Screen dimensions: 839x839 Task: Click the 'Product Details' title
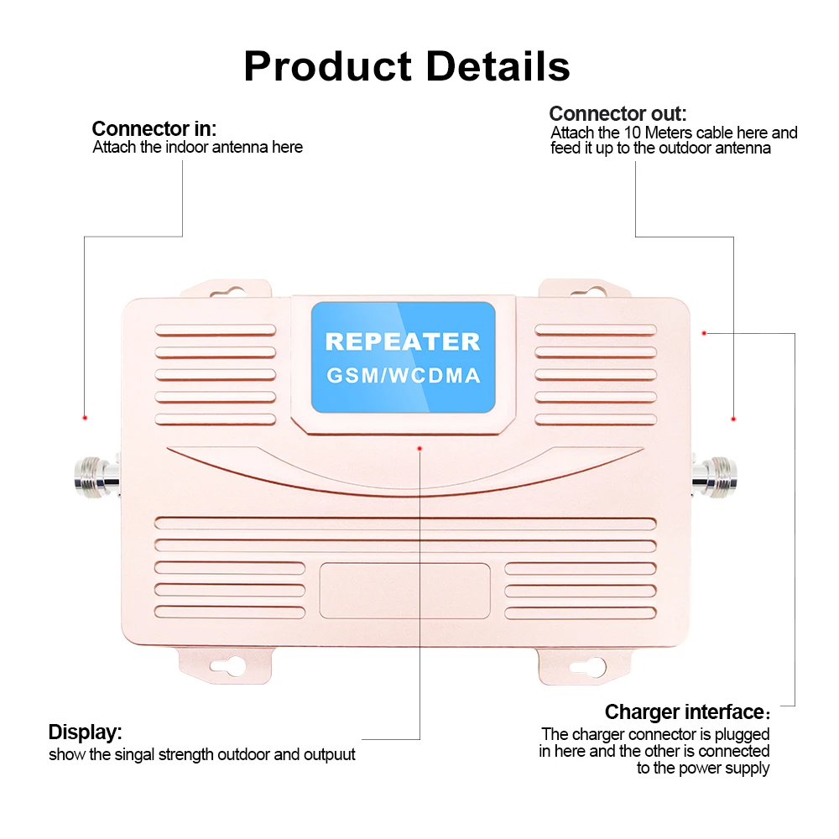click(x=407, y=66)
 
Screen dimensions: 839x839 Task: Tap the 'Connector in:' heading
click(x=154, y=129)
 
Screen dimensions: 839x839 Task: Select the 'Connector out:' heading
click(x=618, y=113)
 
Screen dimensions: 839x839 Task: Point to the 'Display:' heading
click(x=85, y=732)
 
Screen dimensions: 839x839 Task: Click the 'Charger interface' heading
click(x=685, y=712)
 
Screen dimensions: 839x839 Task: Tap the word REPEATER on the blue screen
click(x=403, y=342)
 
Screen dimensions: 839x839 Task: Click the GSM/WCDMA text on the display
click(x=404, y=376)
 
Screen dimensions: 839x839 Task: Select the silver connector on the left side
click(x=96, y=477)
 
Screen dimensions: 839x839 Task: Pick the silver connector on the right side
click(x=714, y=477)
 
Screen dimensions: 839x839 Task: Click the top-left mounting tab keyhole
click(x=227, y=292)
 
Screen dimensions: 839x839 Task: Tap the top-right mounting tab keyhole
click(x=588, y=292)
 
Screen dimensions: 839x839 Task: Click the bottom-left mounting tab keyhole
click(x=228, y=666)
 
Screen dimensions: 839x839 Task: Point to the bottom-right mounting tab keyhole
click(x=587, y=667)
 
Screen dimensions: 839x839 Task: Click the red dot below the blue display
click(x=419, y=448)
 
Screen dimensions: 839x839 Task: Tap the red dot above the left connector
click(x=85, y=417)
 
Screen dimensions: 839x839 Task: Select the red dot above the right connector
click(x=733, y=419)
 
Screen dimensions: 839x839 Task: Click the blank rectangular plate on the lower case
click(x=404, y=591)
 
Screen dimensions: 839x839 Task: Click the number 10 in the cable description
click(x=633, y=133)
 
